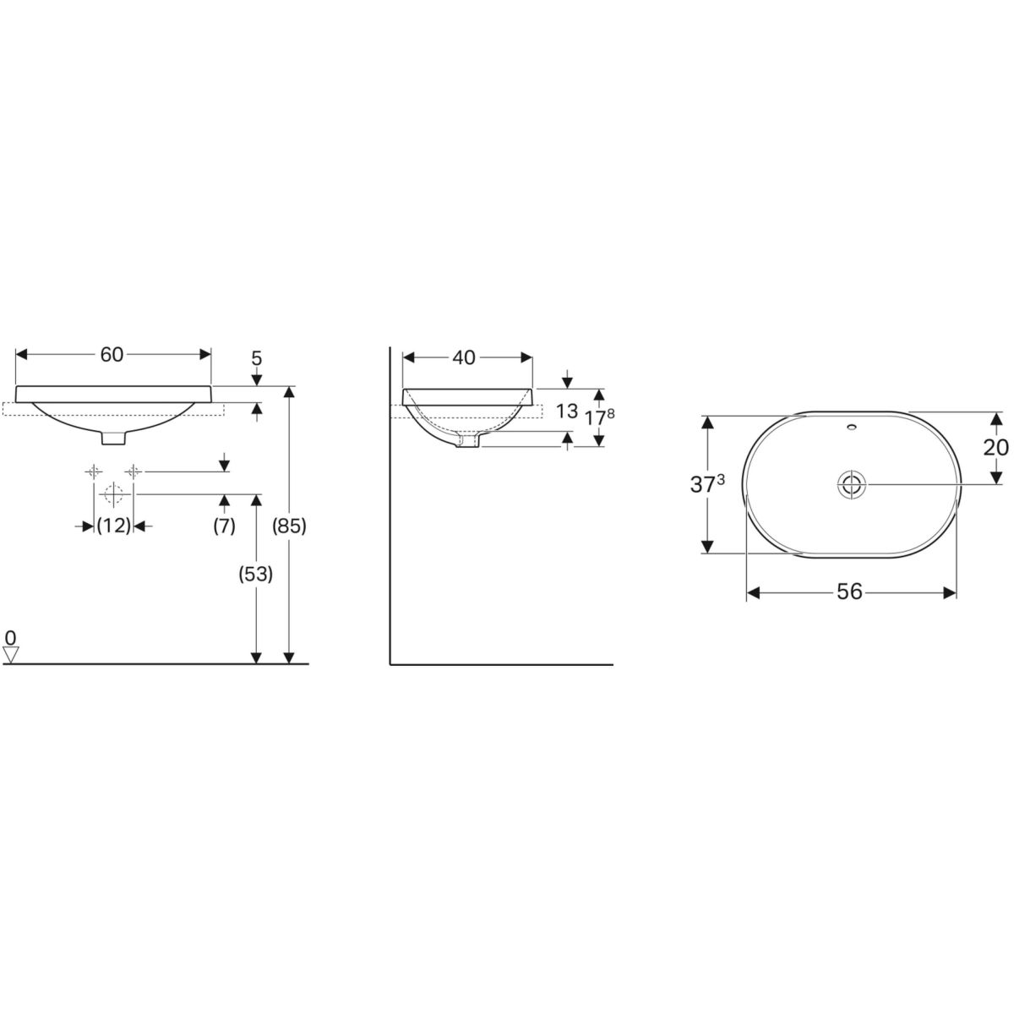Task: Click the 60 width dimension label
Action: tap(112, 355)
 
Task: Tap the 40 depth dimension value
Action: tap(464, 357)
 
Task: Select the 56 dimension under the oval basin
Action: tap(850, 592)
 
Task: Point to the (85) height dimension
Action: tap(289, 526)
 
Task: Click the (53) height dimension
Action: tap(256, 575)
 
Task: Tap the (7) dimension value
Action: tap(224, 526)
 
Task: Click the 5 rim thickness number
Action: tap(256, 358)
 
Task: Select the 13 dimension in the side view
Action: tap(567, 411)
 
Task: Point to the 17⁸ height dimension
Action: tap(600, 417)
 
